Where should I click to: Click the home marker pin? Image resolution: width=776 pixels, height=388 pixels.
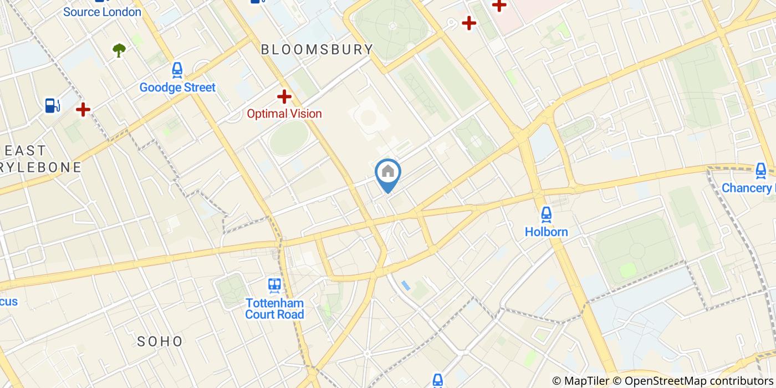(x=388, y=173)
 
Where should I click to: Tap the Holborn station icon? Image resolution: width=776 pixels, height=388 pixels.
(x=547, y=215)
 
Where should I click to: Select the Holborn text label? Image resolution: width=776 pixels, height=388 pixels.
(x=547, y=232)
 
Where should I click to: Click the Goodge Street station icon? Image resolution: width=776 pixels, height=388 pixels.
(x=177, y=70)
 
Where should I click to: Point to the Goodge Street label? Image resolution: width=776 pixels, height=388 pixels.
(x=177, y=88)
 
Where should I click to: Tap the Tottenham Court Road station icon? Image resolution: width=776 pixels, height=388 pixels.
(x=274, y=285)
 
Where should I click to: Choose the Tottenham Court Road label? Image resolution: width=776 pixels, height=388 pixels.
(x=275, y=309)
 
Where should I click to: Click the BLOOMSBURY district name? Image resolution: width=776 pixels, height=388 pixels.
(x=317, y=49)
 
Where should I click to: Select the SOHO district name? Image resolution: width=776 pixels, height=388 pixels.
(x=160, y=341)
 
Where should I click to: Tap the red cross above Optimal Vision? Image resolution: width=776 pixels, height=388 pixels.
(x=284, y=96)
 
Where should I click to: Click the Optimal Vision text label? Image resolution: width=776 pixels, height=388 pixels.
(x=284, y=114)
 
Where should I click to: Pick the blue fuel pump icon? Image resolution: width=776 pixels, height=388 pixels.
(x=53, y=105)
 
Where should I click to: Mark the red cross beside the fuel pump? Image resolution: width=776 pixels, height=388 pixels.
(x=83, y=109)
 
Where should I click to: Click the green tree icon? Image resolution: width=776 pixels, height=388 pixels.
(x=119, y=50)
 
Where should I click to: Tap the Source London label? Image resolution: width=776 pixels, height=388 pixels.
(x=103, y=12)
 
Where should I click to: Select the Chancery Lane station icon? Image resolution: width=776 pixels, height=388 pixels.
(x=762, y=171)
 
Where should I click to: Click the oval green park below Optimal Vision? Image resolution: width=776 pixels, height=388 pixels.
(x=289, y=138)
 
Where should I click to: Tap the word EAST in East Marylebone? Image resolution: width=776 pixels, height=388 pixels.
(x=25, y=150)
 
